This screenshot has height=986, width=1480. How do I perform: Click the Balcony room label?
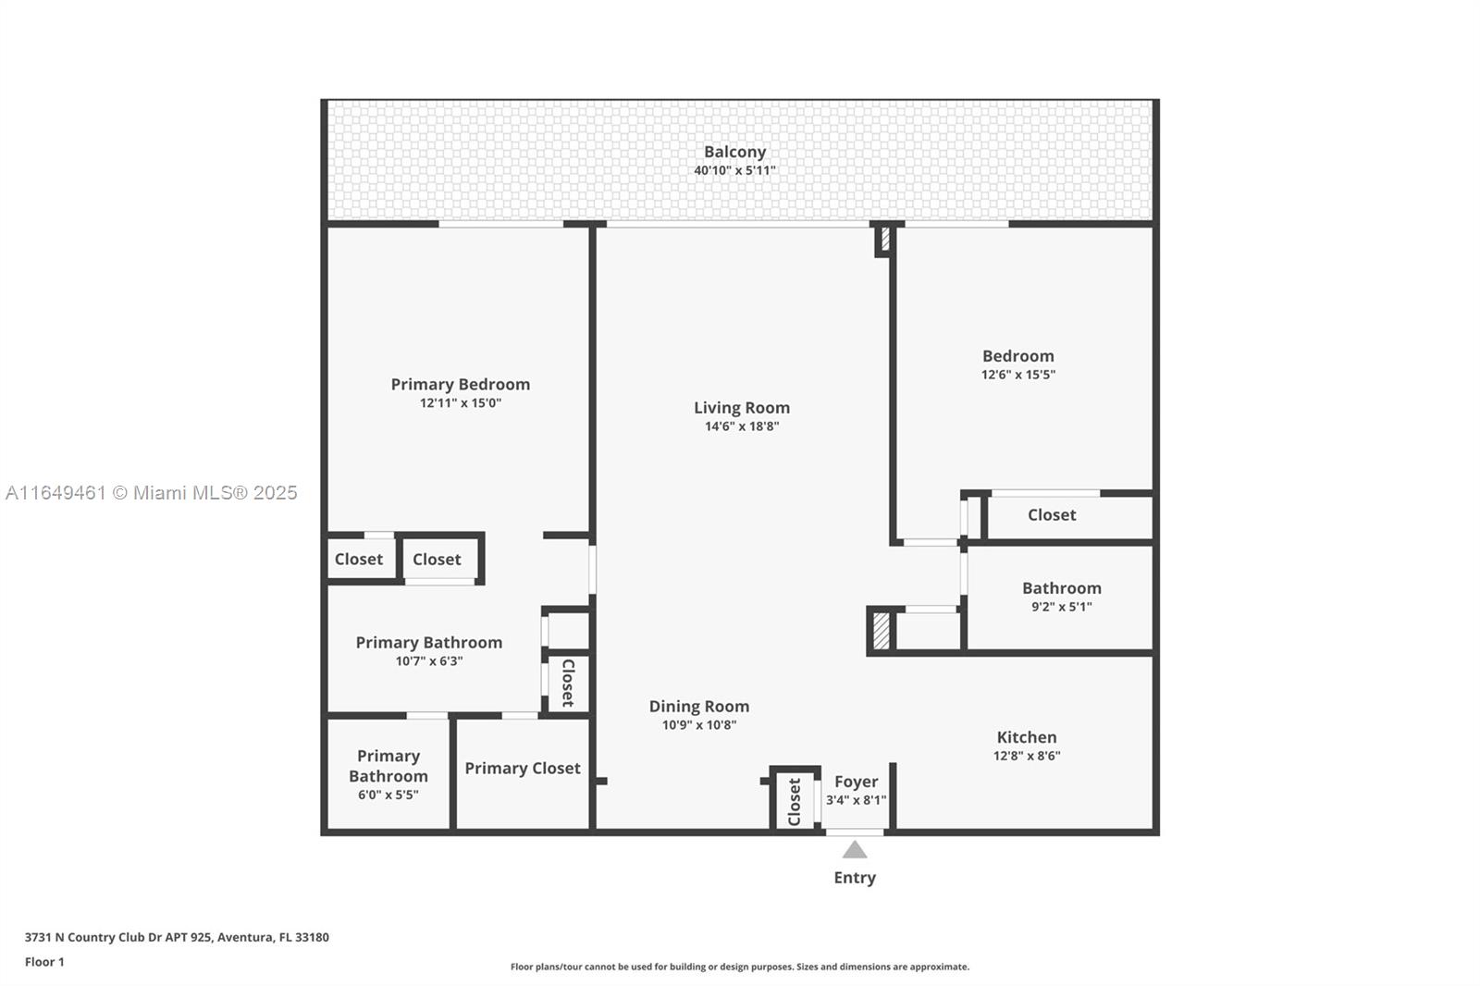(x=734, y=152)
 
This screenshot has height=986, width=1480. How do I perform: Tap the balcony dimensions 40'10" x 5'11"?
(x=734, y=170)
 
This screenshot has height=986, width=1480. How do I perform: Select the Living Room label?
(x=742, y=408)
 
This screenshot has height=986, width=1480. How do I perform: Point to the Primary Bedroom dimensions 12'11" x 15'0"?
(x=461, y=403)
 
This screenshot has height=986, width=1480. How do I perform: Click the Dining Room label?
(x=699, y=707)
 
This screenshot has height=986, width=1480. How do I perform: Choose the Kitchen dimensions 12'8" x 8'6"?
(x=1027, y=756)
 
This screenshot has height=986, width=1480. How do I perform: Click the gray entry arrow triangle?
(x=855, y=849)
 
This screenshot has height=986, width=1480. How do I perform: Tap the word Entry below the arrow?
(x=855, y=878)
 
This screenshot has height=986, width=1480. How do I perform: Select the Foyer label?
(x=857, y=782)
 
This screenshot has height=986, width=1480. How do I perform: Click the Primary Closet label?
(x=523, y=768)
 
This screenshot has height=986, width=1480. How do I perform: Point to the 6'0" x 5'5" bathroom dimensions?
(x=388, y=795)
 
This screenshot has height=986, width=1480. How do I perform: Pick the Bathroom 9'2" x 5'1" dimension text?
(x=1062, y=607)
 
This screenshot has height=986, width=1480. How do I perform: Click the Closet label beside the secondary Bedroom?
(x=1052, y=515)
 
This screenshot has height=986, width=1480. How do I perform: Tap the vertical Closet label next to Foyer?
(x=795, y=802)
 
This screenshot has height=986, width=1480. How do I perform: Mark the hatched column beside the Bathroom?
(x=882, y=631)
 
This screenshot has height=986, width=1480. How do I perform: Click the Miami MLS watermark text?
(x=152, y=493)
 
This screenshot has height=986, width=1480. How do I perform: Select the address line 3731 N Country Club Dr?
(x=177, y=937)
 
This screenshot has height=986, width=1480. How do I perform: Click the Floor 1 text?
(x=44, y=962)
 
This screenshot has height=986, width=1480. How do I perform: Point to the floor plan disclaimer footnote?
(x=740, y=967)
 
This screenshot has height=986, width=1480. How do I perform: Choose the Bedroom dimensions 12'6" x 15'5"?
(x=1018, y=375)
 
